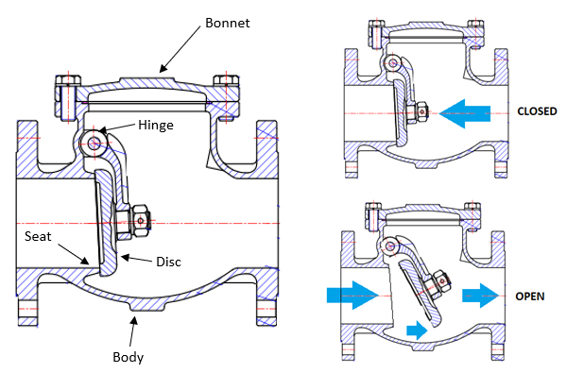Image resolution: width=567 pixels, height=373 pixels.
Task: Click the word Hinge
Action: [155, 125]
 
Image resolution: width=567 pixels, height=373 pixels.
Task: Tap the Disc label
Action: [167, 260]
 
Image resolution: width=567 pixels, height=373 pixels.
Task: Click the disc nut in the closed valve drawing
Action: [417, 112]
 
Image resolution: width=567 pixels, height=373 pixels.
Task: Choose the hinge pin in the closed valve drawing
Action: [387, 64]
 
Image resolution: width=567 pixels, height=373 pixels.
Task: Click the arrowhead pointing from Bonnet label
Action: [163, 68]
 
